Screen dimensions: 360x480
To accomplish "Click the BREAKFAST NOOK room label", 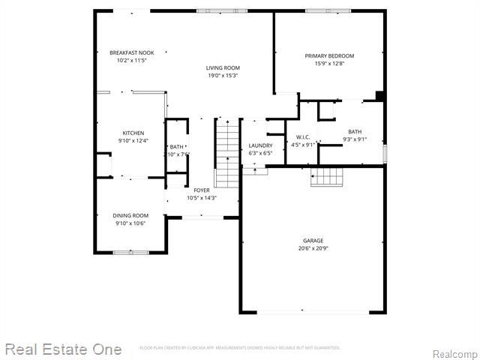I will [x=131, y=52].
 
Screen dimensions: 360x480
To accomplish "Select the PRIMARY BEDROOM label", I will [x=329, y=56].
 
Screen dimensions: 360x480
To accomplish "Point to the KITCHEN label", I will [x=133, y=133].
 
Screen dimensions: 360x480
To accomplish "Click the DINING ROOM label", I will [x=130, y=215].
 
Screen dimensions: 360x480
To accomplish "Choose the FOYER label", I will [x=202, y=190].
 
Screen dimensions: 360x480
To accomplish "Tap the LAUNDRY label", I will [x=260, y=145].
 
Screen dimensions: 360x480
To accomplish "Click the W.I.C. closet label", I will [x=303, y=137].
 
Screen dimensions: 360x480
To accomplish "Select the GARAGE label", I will [x=313, y=241].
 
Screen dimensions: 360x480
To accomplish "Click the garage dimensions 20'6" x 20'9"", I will [x=313, y=248].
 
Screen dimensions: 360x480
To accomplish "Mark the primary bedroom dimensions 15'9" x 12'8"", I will [x=329, y=64].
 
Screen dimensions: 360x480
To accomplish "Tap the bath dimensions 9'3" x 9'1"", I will [x=355, y=139].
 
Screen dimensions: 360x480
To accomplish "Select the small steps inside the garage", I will [x=327, y=177].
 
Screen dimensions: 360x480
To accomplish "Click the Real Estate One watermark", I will [x=63, y=349].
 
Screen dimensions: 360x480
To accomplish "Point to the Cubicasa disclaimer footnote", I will [x=240, y=348].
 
